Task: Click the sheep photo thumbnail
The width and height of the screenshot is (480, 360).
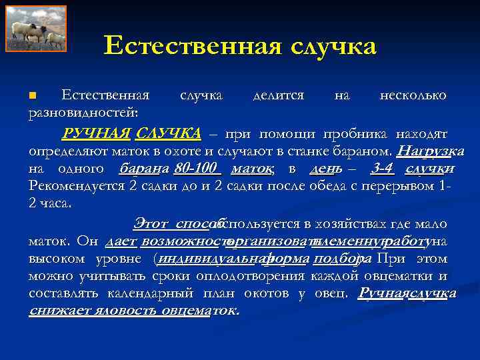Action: coord(40,29)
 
